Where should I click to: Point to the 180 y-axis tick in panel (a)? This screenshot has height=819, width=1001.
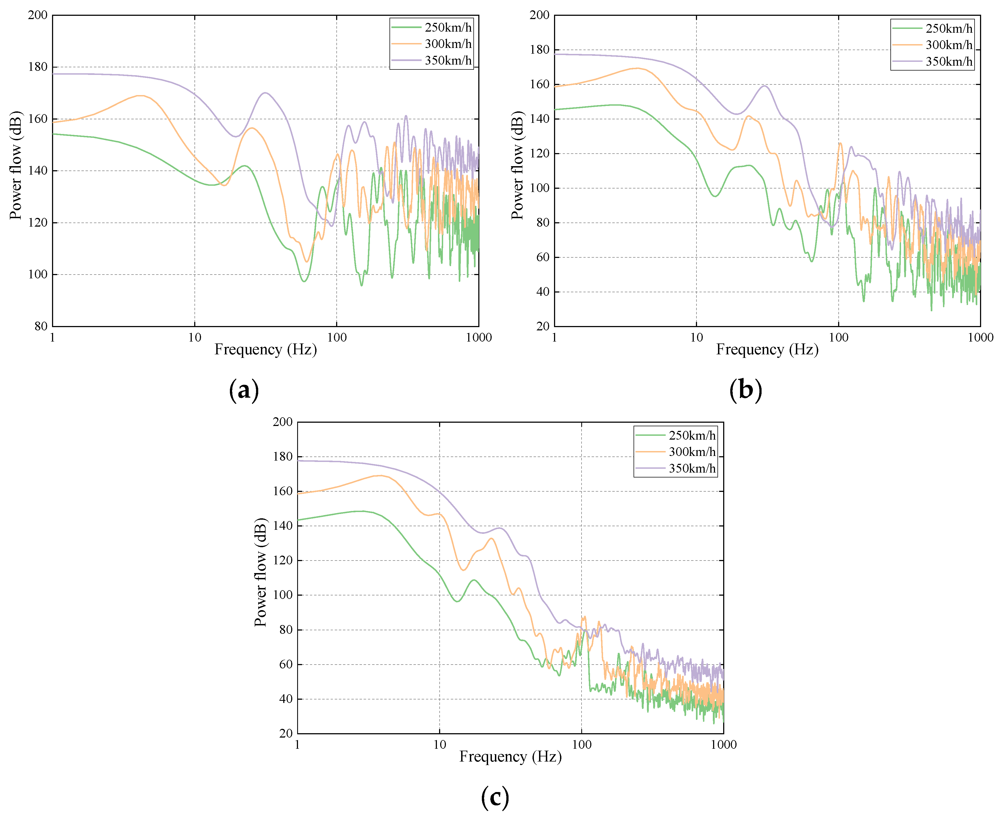coord(38,67)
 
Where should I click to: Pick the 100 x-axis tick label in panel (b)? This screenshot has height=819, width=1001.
coord(838,337)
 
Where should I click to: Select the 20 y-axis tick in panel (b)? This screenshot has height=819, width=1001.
coord(543,326)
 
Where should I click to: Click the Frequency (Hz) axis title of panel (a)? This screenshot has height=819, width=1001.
coord(266,350)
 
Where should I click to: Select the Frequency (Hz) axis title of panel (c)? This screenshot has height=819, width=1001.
coord(510,757)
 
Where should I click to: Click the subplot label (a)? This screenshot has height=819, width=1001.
coord(244,390)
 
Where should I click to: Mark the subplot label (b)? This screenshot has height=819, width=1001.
coord(745,390)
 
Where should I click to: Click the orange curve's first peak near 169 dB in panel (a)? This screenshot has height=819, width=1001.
coord(140,96)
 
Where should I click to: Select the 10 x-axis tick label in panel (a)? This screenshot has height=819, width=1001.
coord(194,337)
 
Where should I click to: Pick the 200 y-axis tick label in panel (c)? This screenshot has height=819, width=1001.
coord(282,422)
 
